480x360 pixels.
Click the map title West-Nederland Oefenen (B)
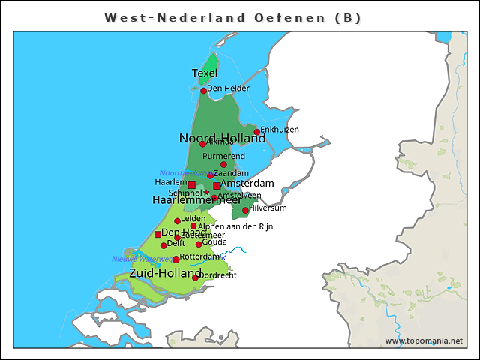click(237, 16)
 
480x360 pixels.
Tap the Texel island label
click(205, 73)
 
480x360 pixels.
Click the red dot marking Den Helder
click(203, 91)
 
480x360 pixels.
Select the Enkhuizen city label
click(280, 129)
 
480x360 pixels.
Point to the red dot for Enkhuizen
click(257, 132)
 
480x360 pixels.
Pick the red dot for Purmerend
click(223, 164)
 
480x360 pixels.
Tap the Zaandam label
click(231, 173)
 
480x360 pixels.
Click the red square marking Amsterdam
click(217, 185)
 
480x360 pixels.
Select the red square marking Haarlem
click(191, 184)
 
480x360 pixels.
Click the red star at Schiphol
click(207, 193)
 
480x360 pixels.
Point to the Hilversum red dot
click(245, 211)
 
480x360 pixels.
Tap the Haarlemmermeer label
click(196, 201)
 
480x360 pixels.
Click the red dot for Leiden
click(178, 220)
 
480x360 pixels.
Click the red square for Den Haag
click(157, 234)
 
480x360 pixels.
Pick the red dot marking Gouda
click(199, 244)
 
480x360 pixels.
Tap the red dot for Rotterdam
click(176, 259)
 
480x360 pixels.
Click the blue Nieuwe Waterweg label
click(140, 259)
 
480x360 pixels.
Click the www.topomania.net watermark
click(424, 340)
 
